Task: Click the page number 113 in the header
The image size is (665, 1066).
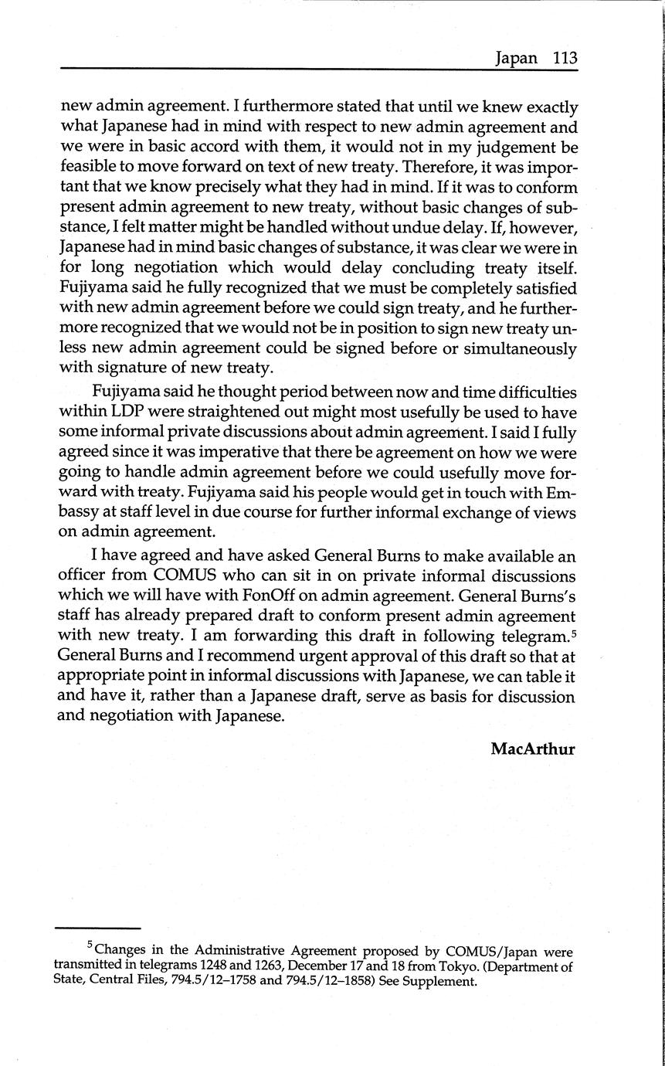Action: click(x=565, y=59)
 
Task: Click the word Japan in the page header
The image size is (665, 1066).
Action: click(x=516, y=59)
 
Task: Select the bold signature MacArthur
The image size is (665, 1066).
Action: click(x=533, y=749)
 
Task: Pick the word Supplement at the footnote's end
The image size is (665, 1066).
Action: click(x=445, y=982)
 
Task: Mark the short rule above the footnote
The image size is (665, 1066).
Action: click(x=98, y=928)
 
